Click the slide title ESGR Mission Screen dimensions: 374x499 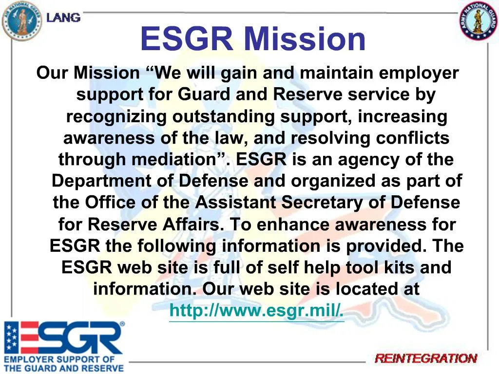click(x=252, y=39)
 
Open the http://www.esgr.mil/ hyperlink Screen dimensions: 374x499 click(x=256, y=310)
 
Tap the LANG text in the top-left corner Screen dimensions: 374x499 click(x=63, y=18)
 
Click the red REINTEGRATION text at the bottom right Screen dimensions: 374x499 click(x=426, y=359)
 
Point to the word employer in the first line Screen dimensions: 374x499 click(x=419, y=74)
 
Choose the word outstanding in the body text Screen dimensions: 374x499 click(x=224, y=117)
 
